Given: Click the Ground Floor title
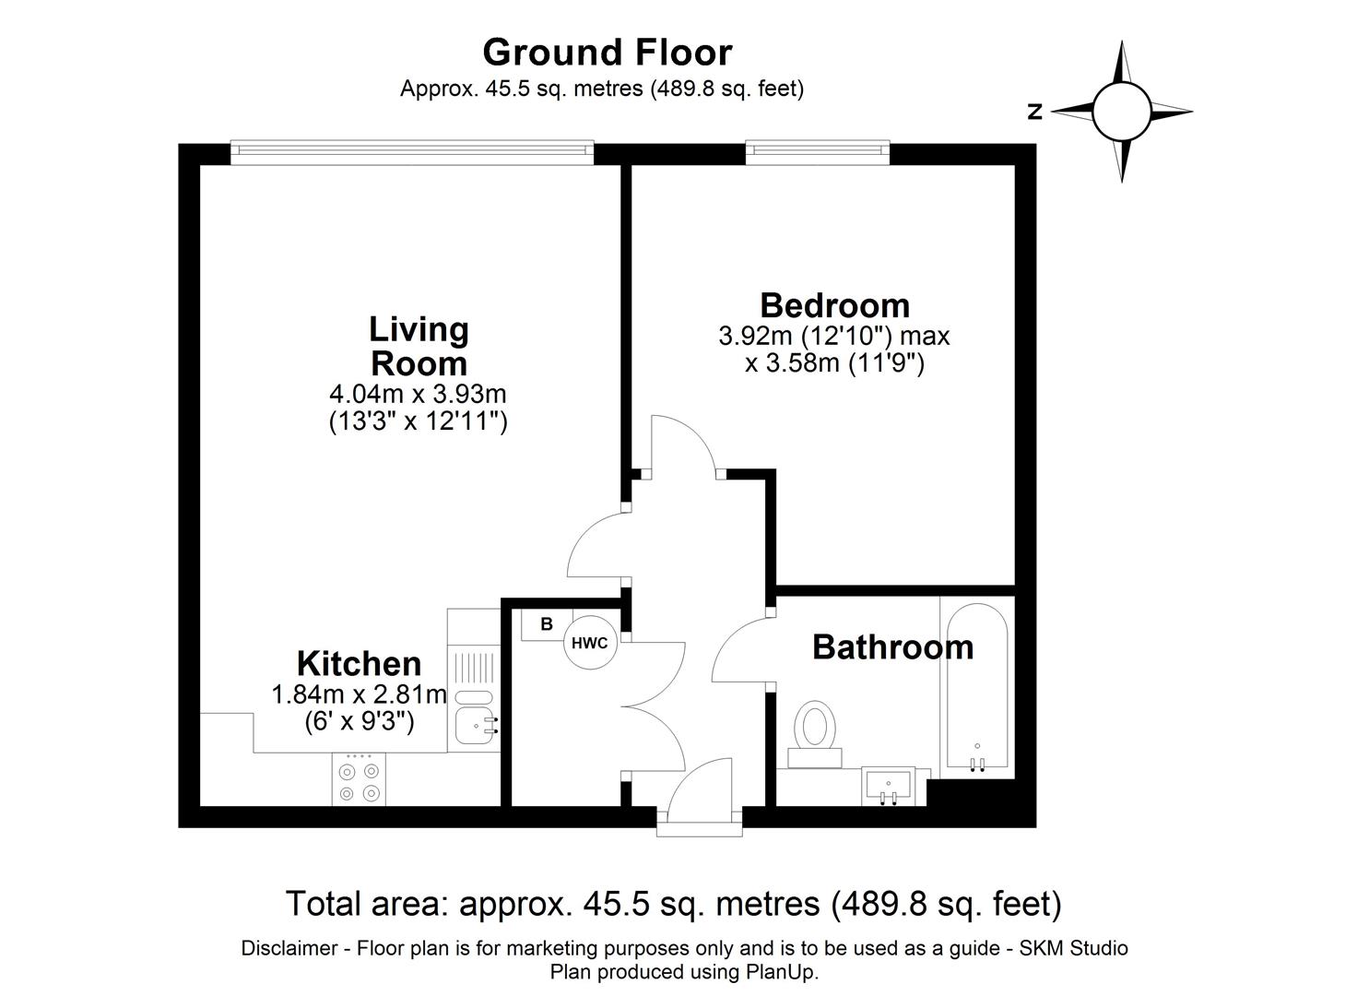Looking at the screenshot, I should [607, 53].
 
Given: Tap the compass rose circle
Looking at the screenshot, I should [1121, 112].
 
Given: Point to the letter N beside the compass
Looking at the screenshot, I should [1035, 112].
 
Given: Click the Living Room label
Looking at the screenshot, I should [419, 345].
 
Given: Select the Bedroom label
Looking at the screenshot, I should [834, 304].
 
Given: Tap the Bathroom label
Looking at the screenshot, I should [892, 647].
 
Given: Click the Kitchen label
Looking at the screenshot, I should [359, 663].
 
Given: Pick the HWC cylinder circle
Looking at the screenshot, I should [590, 643].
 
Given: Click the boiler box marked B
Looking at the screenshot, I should [546, 624].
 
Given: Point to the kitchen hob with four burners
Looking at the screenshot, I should [359, 780].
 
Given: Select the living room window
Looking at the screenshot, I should [411, 152].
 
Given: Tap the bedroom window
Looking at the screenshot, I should [817, 152].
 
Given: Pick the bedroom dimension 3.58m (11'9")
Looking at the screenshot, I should [834, 363].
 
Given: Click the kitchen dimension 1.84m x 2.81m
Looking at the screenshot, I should [359, 694].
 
